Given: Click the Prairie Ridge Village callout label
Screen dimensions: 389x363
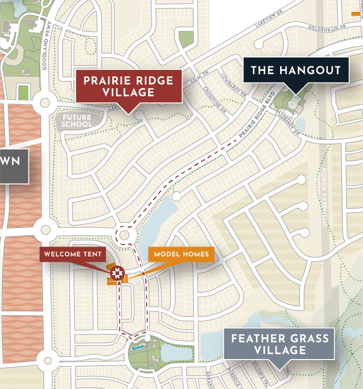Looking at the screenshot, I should coord(129,86).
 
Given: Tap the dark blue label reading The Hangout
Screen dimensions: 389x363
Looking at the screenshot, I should coord(295,70).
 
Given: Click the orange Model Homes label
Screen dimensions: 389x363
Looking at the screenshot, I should coord(181,254).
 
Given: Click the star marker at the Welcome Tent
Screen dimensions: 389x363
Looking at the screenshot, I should coord(117,273).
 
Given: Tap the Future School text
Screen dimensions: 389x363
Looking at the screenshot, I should coord(77,121).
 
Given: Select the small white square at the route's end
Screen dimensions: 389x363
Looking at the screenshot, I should coord(148,338).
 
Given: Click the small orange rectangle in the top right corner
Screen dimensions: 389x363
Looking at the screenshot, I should coord(357,13).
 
